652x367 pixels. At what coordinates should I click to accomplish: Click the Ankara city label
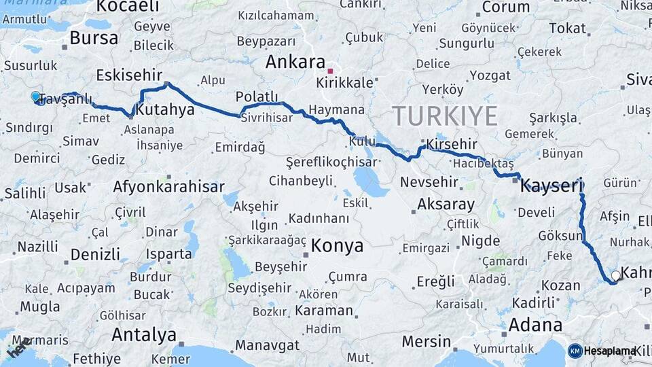[x=295, y=62]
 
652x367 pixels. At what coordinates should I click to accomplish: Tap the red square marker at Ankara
[x=330, y=71]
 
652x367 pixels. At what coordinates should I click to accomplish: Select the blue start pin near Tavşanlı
[x=36, y=97]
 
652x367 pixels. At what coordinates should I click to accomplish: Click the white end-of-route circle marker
[x=615, y=275]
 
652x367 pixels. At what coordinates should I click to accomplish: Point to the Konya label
[x=338, y=245]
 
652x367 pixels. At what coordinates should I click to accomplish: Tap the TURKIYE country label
[x=444, y=116]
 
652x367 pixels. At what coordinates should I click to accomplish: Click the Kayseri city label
[x=552, y=185]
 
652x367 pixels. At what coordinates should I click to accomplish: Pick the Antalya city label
[x=144, y=334]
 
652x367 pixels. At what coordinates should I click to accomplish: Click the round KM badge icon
[x=575, y=350]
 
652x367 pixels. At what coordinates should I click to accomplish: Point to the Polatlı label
[x=257, y=96]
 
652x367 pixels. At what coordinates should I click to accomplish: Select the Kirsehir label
[x=451, y=144]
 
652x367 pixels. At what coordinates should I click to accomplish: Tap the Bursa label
[x=94, y=37]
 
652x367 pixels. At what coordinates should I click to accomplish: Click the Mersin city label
[x=426, y=340]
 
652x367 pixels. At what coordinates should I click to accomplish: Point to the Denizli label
[x=95, y=255]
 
